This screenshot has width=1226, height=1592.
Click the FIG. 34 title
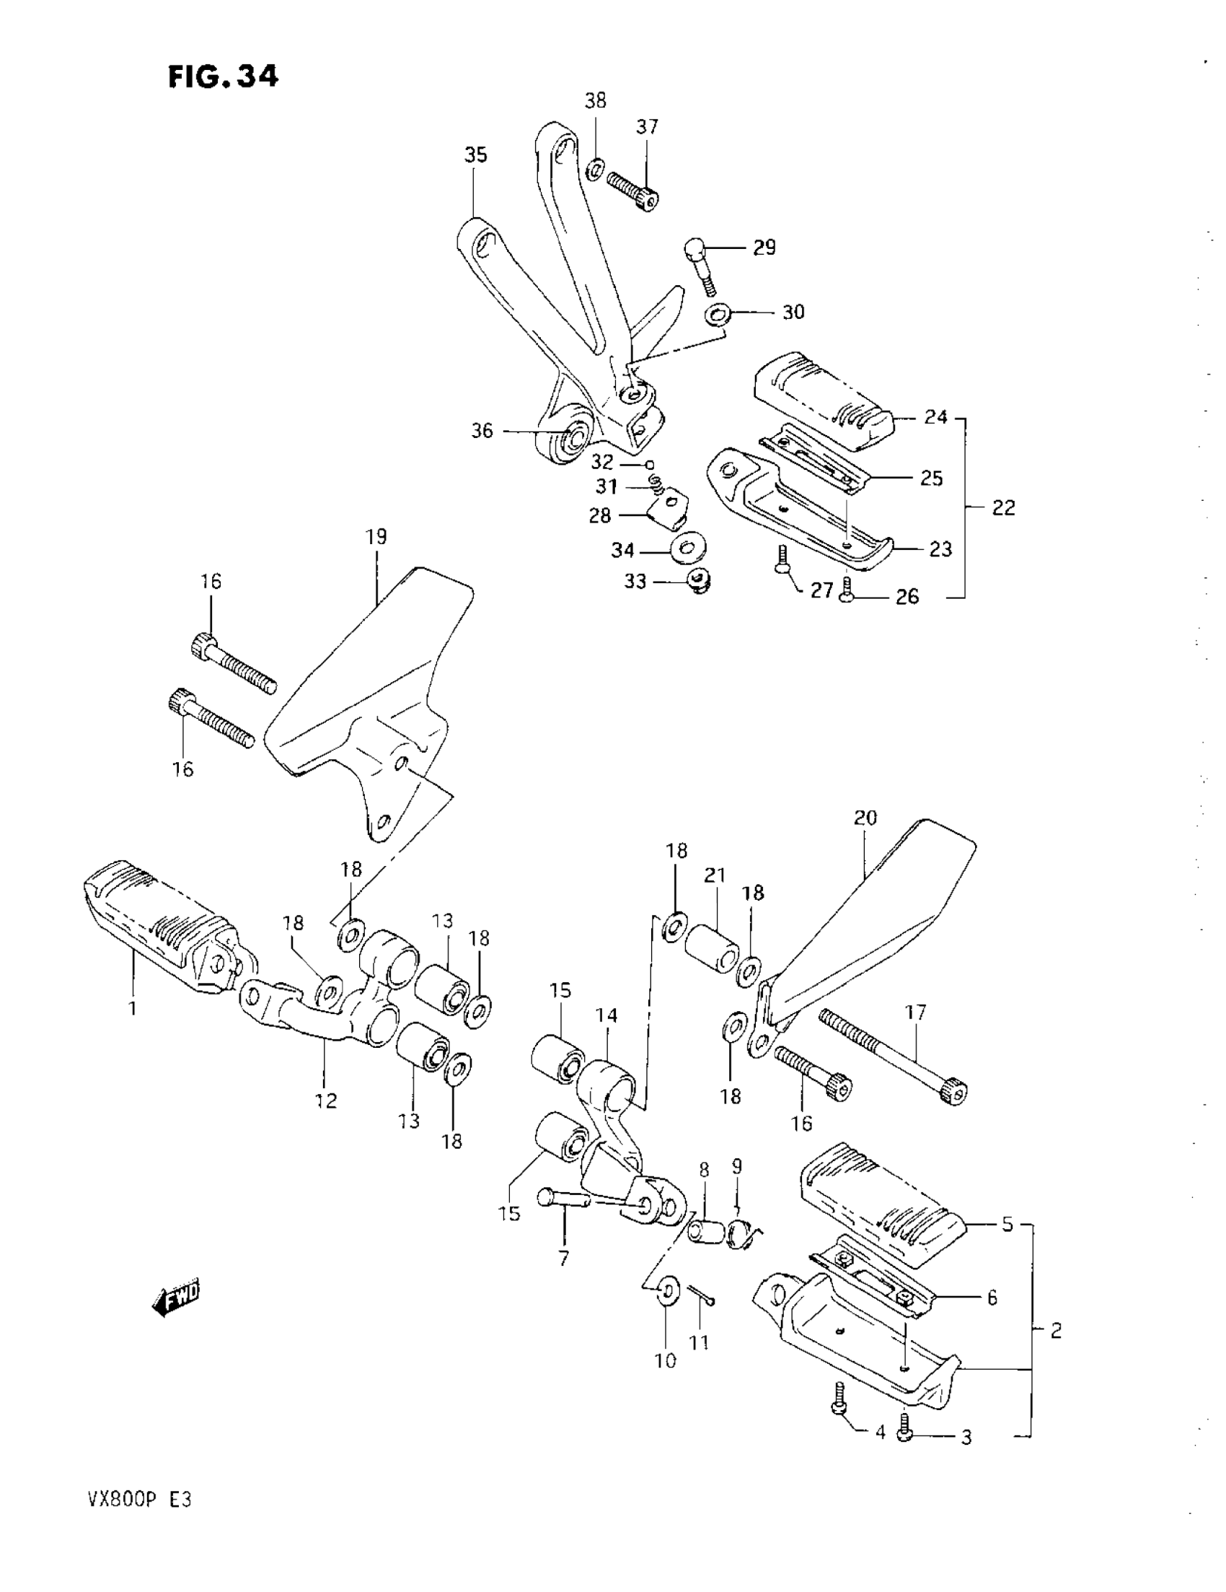coord(223,76)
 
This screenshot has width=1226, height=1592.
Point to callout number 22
coord(1003,508)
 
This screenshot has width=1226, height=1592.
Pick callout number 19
coord(376,537)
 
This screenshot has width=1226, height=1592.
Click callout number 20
coord(865,817)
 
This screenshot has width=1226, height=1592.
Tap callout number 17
coord(915,1012)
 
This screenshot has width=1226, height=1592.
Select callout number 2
coord(1056,1331)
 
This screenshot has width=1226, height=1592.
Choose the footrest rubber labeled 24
coord(823,401)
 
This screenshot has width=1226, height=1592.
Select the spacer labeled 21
coord(710,948)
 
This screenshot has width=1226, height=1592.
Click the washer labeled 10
coord(667,1291)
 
